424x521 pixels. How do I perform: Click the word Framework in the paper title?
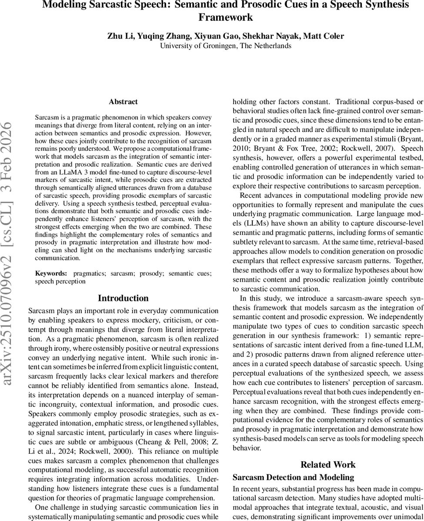(x=225, y=18)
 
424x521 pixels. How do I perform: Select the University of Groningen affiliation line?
(x=225, y=46)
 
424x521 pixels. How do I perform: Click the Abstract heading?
(x=123, y=102)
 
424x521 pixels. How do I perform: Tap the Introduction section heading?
(x=123, y=298)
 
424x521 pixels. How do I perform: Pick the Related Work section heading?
(x=328, y=465)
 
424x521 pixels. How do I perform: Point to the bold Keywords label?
(x=51, y=273)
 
